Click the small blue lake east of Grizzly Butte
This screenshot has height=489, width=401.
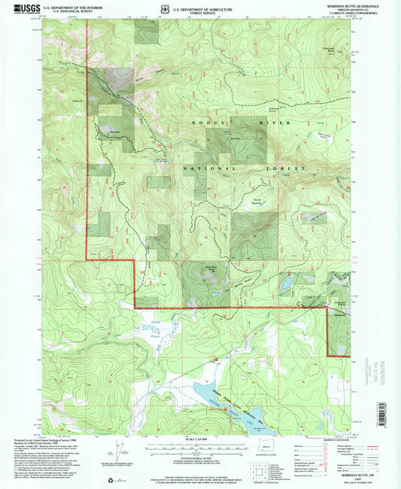[x=287, y=284]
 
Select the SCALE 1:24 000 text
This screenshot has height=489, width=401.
[x=199, y=441]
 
